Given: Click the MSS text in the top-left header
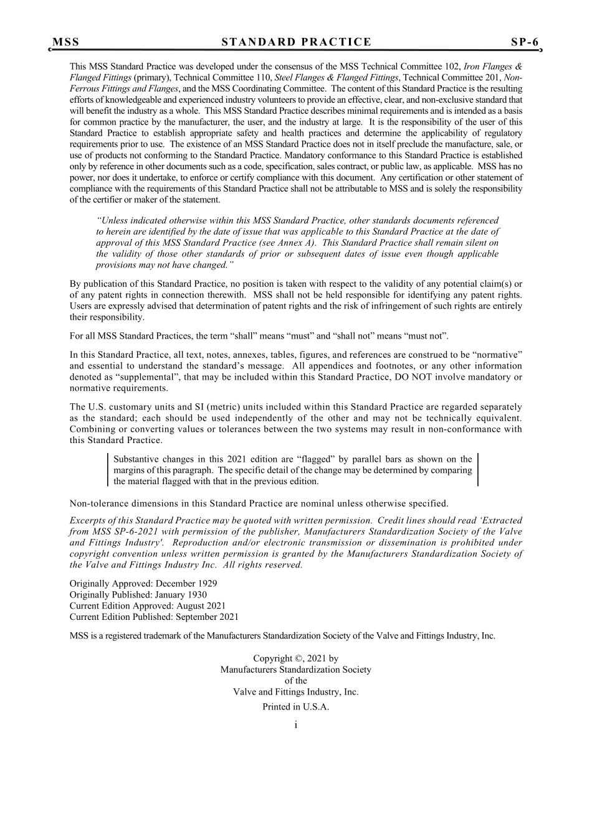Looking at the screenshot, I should coord(65,42).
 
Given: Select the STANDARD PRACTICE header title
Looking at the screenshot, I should coord(296,42).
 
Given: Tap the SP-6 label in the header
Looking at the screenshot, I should coord(525,42).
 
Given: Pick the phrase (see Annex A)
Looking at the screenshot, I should coord(291,243).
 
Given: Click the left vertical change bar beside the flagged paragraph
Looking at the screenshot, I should coord(108,470).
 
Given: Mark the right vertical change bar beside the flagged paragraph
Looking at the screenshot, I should coord(478,470).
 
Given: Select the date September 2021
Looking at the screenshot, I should coord(207,617).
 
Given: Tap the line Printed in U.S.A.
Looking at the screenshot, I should coord(295,707).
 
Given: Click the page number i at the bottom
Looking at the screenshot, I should coord(295,724).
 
